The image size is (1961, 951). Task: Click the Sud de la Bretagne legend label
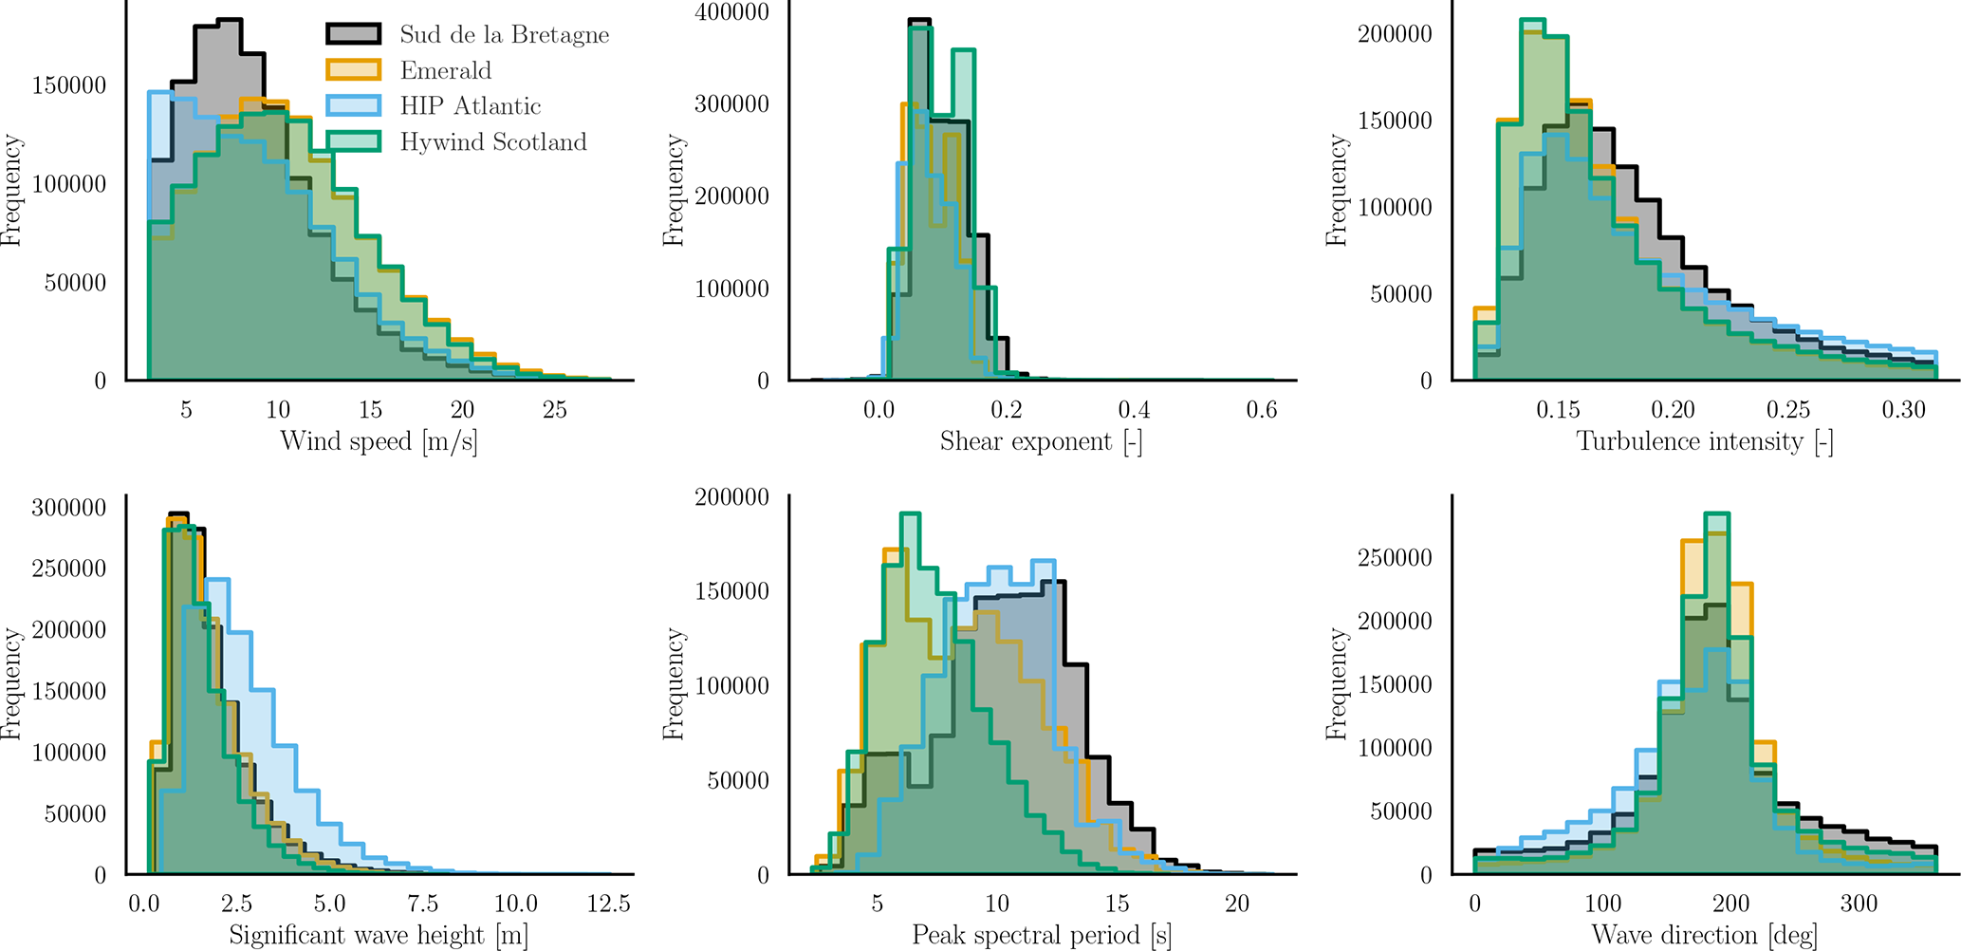pos(504,35)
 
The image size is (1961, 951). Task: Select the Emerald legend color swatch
pos(354,70)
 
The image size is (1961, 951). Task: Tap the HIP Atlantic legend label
pos(470,106)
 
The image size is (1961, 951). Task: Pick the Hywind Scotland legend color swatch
pos(354,141)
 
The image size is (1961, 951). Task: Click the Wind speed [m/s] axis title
pos(379,441)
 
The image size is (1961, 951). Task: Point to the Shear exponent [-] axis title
pos(1041,441)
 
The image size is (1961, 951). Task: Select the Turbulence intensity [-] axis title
pos(1704,441)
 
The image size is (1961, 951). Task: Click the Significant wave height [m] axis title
pos(379,936)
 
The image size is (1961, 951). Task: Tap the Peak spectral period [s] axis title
pos(1041,936)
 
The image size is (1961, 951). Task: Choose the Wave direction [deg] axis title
pos(1704,936)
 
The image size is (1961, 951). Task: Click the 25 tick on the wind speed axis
pos(555,410)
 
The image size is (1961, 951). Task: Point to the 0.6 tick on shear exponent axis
pos(1262,410)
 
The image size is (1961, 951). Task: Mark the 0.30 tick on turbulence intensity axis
pos(1903,410)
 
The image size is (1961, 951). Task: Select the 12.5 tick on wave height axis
pos(608,904)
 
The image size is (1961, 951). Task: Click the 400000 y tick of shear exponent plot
pos(731,12)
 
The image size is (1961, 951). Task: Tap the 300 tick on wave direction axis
pos(1859,904)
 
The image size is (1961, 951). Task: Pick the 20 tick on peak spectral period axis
pos(1237,904)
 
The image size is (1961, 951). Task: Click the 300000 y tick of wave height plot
pos(68,508)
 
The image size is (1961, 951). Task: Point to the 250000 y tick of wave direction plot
pos(1394,558)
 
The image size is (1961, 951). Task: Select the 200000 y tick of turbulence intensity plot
pos(1394,34)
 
